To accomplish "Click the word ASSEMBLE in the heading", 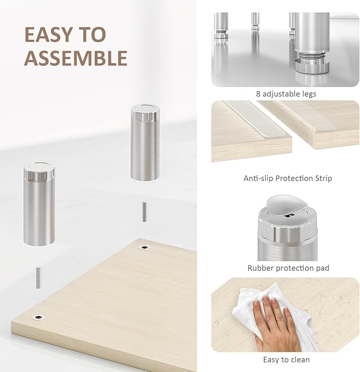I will tap(76, 58).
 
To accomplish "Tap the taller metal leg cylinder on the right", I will tap(145, 146).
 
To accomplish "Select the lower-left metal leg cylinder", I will tap(39, 207).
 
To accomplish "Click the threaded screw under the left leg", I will tap(39, 276).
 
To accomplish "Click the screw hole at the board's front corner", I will tap(39, 317).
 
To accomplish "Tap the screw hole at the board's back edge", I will tap(143, 248).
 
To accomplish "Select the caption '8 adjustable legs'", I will tap(286, 94).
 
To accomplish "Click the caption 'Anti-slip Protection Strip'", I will tap(287, 178).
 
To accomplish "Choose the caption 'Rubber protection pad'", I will tap(288, 268).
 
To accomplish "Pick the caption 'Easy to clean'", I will tap(286, 359).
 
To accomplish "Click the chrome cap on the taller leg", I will tap(145, 111).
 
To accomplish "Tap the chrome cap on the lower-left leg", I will tap(39, 171).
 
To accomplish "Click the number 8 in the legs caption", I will tap(258, 94).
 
